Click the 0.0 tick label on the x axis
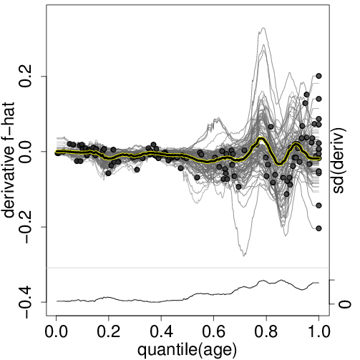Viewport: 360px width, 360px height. tap(56, 332)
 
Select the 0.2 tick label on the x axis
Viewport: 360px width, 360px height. tap(108, 332)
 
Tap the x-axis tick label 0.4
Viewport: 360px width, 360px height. tap(161, 332)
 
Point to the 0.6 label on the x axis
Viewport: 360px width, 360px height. tap(213, 332)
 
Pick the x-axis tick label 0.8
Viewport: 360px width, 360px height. tap(266, 332)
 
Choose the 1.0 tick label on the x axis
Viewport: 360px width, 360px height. tap(318, 332)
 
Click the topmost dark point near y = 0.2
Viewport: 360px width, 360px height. tap(318, 76)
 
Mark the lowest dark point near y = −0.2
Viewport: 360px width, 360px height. tap(318, 228)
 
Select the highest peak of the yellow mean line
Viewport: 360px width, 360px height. tap(261, 138)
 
